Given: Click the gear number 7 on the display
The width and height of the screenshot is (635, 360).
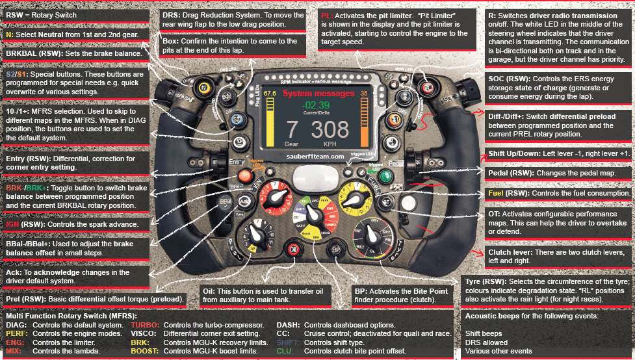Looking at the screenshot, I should pos(293,129).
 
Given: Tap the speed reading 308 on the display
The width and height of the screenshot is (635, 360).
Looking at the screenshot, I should pos(330,129).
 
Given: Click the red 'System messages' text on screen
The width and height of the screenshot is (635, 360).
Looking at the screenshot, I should pos(318,94).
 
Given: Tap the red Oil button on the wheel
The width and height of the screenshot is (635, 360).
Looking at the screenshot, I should pos(293,249).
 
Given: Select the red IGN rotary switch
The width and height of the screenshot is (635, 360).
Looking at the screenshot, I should pos(278,196).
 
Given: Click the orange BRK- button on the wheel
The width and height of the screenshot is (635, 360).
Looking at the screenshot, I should pos(246,175).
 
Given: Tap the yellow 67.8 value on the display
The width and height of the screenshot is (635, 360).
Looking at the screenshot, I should pos(268,94).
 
